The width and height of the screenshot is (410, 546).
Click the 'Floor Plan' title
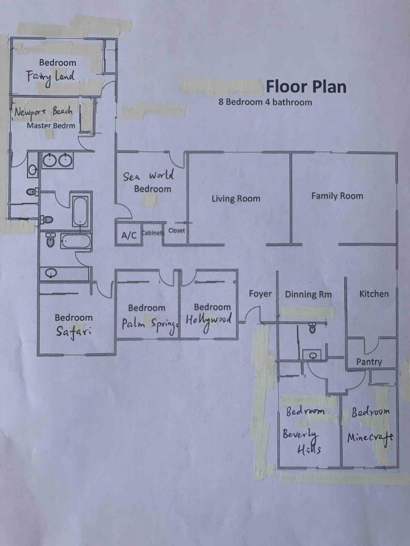tap(306, 87)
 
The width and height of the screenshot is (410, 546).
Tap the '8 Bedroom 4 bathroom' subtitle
tap(265, 102)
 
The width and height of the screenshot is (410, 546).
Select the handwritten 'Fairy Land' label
tap(51, 77)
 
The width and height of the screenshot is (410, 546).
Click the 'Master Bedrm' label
tap(51, 126)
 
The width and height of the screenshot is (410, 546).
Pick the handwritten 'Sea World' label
tap(148, 176)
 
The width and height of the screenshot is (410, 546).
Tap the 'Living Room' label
tap(236, 199)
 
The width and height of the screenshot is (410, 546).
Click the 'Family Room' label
tap(337, 196)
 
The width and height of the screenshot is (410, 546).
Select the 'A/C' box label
tap(129, 236)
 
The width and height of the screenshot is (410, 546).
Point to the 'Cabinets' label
tap(152, 232)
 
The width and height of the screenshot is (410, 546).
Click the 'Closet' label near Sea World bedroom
tap(177, 230)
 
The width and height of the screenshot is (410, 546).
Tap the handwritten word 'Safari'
tap(74, 332)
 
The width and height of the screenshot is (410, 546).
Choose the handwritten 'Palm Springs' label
tap(150, 325)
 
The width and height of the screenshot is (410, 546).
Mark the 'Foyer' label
tap(260, 294)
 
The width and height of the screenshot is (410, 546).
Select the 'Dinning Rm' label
tap(308, 294)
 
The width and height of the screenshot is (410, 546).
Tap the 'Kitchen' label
tap(374, 294)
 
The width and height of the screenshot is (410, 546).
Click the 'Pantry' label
tap(369, 362)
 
